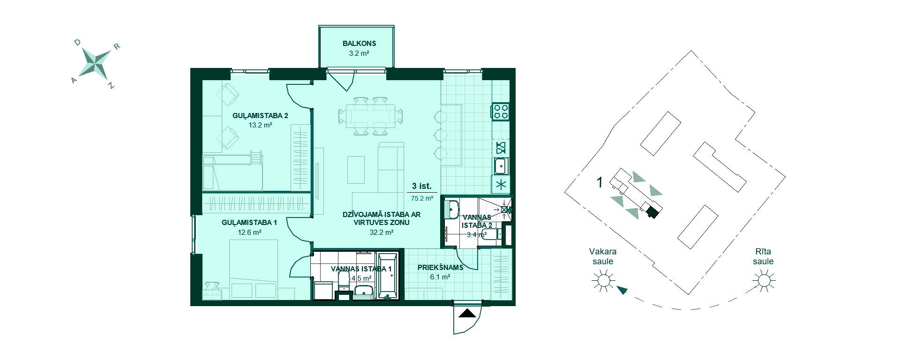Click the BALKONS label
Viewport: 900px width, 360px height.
coord(359,44)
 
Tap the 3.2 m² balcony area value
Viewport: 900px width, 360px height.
coord(359,53)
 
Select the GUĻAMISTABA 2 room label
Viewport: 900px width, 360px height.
coord(260,116)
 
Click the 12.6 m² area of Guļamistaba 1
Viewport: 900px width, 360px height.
coord(249,232)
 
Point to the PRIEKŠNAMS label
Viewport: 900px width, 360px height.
coord(440,268)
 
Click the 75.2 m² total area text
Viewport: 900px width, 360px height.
coord(422,198)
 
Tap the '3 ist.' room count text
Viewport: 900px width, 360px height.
coord(421,186)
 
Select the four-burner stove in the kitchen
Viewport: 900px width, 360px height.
coord(500,111)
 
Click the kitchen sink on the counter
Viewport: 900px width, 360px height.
coord(501,165)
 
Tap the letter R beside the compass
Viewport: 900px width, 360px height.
coord(118,46)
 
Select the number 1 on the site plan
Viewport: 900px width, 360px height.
coord(599,182)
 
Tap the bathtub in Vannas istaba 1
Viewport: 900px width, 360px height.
coord(388,276)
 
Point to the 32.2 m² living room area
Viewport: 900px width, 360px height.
coord(381,232)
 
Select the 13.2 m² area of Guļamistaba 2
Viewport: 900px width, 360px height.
coord(261,125)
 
